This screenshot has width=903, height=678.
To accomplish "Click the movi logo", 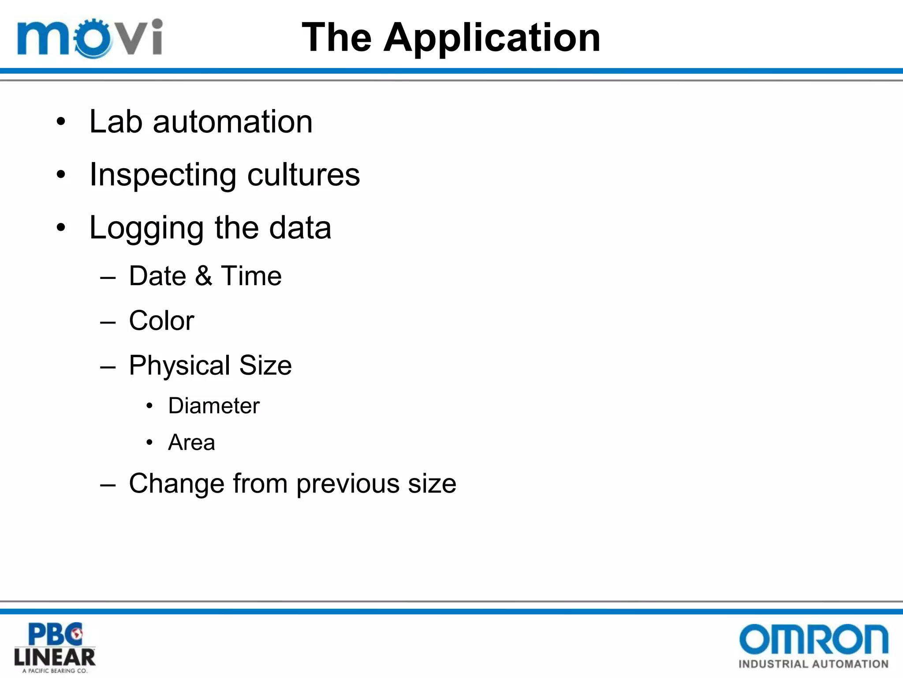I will point(90,38).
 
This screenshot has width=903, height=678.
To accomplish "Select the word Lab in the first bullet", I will point(116,121).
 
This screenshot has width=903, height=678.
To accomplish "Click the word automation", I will point(232,122).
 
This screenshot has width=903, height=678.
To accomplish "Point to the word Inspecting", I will point(163,175).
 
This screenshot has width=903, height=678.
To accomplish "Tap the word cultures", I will point(303,174).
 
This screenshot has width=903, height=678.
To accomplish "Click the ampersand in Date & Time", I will point(203,276).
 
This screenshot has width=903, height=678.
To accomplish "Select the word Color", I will point(161,320).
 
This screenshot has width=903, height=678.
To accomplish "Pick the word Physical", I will point(179,366).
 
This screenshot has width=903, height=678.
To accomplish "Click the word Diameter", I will point(214,406).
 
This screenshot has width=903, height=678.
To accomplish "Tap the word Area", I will point(191,442).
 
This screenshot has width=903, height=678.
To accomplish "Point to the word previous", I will point(347,484).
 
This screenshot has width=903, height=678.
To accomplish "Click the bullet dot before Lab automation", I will point(61,121).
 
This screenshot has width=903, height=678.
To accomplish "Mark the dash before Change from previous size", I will point(108,485).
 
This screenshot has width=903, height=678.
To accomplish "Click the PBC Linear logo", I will point(55,647).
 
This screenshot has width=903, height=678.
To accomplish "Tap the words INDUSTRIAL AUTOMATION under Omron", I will point(813,664).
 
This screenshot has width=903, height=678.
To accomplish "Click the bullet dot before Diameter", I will point(149,406).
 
